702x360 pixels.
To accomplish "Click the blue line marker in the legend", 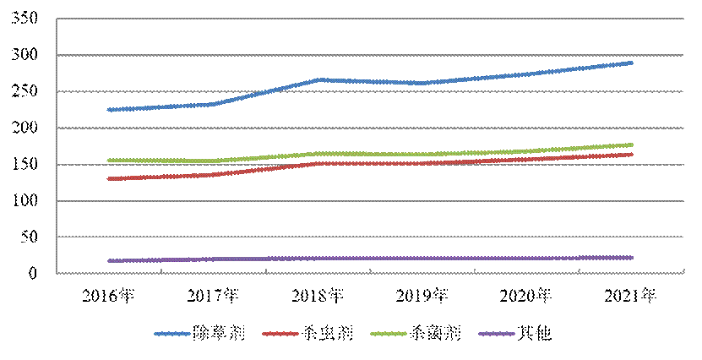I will tap(172, 334).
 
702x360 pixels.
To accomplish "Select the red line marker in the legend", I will tap(280, 334).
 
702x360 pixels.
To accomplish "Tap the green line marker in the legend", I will tap(389, 334).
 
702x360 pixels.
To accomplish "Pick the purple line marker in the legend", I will tap(497, 334).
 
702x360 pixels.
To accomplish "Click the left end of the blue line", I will tap(108, 110).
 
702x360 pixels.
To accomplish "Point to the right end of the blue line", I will tap(631, 63).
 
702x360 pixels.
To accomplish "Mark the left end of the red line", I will tap(108, 179).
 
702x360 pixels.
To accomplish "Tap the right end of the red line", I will tap(631, 155).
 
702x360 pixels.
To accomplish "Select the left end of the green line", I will tap(108, 161).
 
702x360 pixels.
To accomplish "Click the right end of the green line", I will tap(631, 145).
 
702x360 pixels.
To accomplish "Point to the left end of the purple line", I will tap(108, 261).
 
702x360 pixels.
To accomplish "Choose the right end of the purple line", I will tap(631, 258).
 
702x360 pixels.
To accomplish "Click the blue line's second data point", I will tap(213, 104).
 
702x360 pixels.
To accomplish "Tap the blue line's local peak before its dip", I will tap(318, 79).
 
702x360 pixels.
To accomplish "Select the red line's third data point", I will tap(318, 163).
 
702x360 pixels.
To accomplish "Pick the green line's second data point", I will tap(213, 161).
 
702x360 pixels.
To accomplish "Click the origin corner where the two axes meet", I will tap(57, 273).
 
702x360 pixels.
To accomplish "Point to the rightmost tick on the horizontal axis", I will tap(683, 273).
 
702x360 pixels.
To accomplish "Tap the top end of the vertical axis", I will tap(57, 19).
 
